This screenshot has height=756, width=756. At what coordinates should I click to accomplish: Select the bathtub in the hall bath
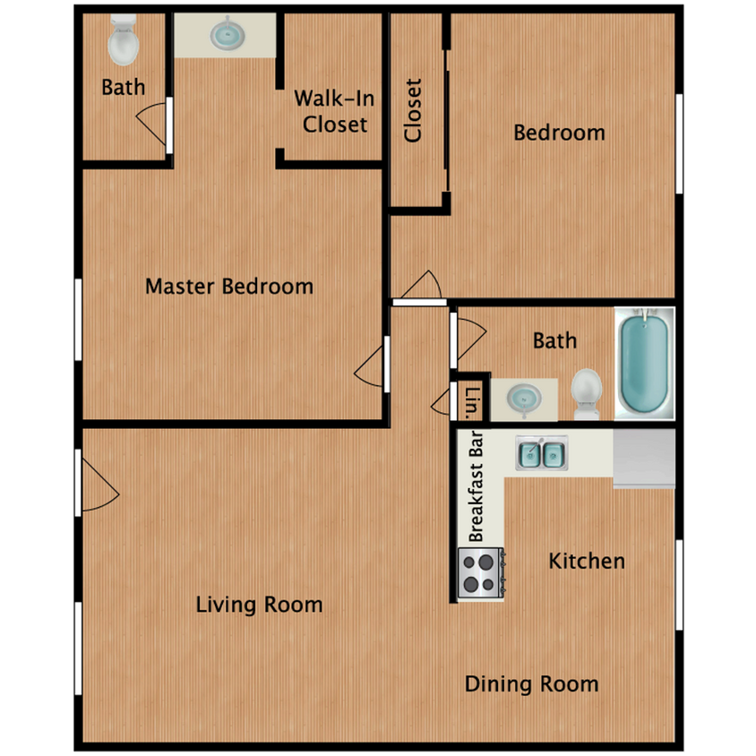click(x=643, y=364)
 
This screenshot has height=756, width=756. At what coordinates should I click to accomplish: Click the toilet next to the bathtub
click(x=587, y=392)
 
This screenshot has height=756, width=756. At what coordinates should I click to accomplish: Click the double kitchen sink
click(x=541, y=454)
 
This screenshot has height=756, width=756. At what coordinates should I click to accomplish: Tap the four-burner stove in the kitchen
click(x=481, y=573)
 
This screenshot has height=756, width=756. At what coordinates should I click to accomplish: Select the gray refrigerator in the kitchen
click(x=643, y=458)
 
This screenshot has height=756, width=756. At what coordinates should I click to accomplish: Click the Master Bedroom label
click(x=229, y=287)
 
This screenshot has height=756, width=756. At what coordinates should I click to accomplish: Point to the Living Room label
click(x=259, y=605)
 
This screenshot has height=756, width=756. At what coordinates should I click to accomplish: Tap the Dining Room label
click(x=531, y=684)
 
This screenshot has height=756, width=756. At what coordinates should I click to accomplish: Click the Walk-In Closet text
click(x=334, y=111)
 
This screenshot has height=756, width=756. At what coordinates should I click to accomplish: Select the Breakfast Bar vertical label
click(x=477, y=488)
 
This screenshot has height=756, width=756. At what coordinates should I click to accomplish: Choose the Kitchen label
click(x=587, y=562)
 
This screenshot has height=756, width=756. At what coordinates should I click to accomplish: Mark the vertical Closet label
click(x=413, y=111)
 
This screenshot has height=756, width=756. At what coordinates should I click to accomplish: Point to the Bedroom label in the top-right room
click(x=558, y=133)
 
